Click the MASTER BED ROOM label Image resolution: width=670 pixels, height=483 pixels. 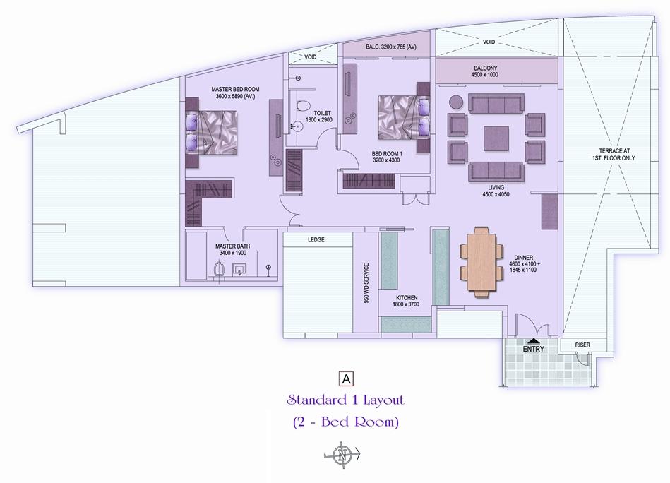[x=235, y=90]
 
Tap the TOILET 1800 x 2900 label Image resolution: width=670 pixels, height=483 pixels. [x=319, y=117]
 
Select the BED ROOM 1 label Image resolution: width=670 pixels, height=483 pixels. [x=387, y=153]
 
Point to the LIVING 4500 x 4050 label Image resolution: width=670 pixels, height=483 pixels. [x=496, y=191]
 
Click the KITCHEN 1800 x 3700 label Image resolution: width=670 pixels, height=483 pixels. [x=407, y=301]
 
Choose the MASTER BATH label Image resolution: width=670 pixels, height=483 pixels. [x=232, y=246]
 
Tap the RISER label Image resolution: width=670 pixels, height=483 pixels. [x=582, y=345]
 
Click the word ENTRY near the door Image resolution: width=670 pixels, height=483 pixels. [x=533, y=349]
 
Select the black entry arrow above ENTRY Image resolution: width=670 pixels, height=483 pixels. [x=533, y=341]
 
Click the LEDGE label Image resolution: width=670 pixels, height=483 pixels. [x=316, y=240]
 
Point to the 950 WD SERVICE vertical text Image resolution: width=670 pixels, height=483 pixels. [x=366, y=282]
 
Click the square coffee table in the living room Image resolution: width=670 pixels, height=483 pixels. [x=496, y=138]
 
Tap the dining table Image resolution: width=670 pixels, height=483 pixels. [x=478, y=261]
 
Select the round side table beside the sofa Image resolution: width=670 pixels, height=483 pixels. [x=456, y=102]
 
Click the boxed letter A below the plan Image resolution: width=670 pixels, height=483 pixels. [x=347, y=378]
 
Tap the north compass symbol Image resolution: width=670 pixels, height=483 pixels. [x=342, y=455]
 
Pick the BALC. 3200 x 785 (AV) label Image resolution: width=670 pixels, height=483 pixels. [x=391, y=47]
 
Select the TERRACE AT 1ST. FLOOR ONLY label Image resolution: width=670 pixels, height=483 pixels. [x=614, y=155]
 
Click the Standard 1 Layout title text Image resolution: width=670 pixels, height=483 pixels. [x=345, y=400]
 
